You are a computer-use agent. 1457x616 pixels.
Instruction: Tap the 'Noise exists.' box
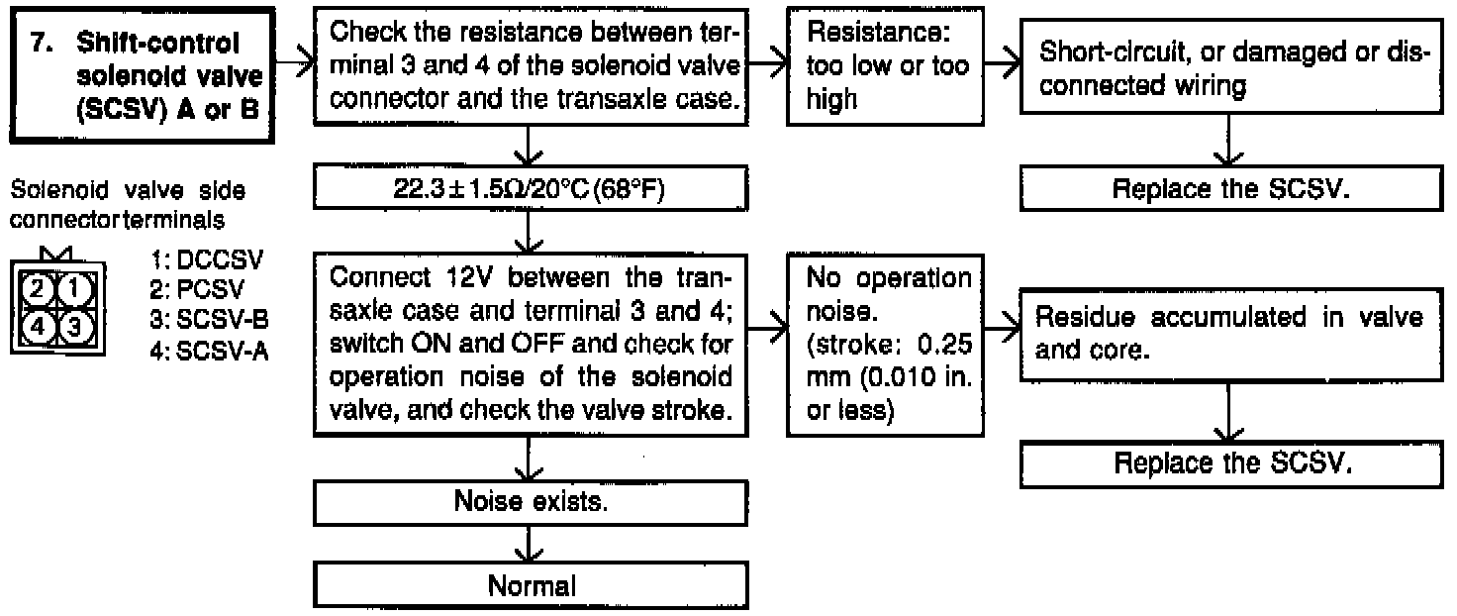pos(532,501)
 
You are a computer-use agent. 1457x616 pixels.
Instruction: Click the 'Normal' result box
pos(532,584)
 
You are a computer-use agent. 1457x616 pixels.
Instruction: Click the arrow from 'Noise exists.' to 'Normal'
pos(532,543)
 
